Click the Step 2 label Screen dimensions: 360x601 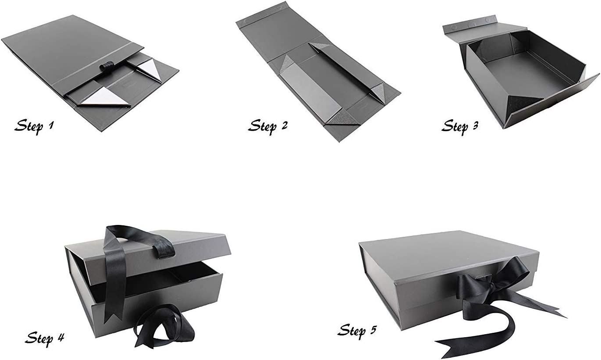click(x=267, y=125)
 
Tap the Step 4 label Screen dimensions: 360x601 click(x=45, y=338)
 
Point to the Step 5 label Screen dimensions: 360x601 click(x=357, y=331)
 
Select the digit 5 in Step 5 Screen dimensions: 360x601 click(x=373, y=330)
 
